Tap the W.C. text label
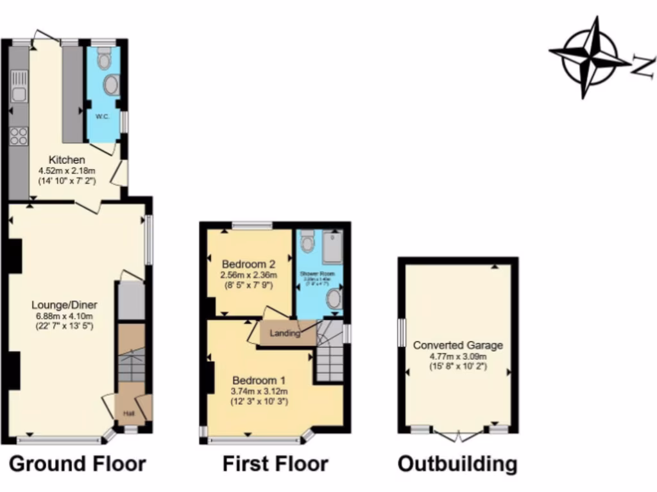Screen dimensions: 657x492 tap(101, 117)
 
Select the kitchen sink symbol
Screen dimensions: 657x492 tap(19, 89)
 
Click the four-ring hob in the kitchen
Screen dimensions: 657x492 tap(19, 135)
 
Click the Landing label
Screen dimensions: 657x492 tap(285, 333)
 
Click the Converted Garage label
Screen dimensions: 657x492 tap(457, 345)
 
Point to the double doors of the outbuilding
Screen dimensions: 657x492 tap(458, 436)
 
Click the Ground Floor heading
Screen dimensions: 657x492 tap(78, 464)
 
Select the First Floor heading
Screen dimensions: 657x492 tap(275, 464)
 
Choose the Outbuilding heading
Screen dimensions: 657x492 tap(457, 464)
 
